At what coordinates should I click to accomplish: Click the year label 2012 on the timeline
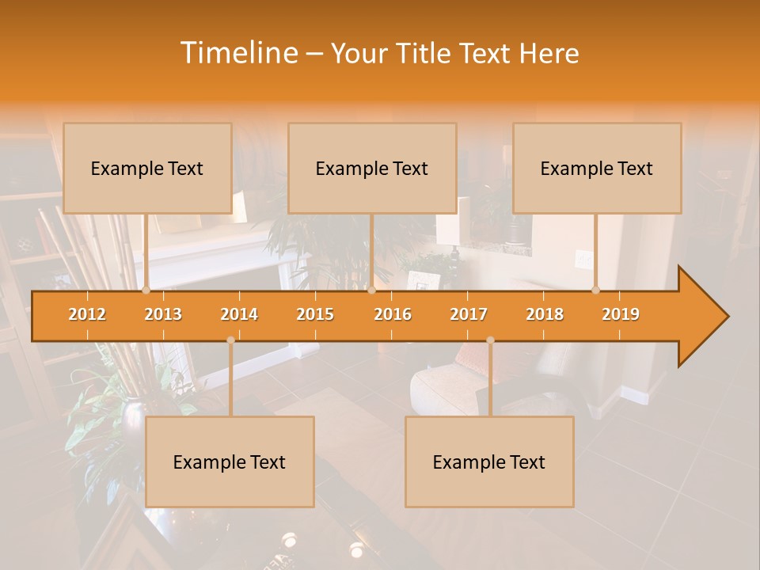pos(87,314)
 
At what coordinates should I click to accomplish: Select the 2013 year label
pos(163,314)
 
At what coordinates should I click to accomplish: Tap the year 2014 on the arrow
pos(239,314)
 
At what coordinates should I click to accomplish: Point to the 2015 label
pos(315,314)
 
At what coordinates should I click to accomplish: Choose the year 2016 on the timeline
pos(393,314)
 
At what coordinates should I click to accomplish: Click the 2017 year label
pos(469,314)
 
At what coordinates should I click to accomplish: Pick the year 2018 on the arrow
pos(545,314)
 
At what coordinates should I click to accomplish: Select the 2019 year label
pos(621,314)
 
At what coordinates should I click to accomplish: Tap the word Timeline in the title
pos(238,53)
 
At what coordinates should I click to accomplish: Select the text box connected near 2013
pos(147,168)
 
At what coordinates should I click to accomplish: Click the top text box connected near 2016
pos(372,168)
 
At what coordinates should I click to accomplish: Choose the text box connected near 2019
pos(597,168)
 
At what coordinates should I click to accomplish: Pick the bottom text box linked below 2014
pos(230,462)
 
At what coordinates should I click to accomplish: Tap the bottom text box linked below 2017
pos(489,462)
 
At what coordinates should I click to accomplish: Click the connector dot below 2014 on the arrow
pos(230,340)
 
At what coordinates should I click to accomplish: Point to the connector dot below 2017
pos(490,340)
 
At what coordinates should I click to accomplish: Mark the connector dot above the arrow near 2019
pos(596,290)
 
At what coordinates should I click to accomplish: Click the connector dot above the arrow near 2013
pos(146,290)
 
